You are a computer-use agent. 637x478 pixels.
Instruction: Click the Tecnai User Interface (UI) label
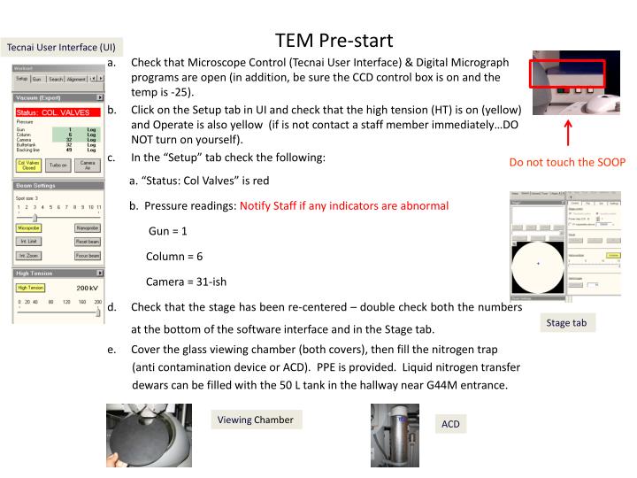(x=61, y=46)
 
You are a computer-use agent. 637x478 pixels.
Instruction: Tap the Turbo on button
(x=58, y=166)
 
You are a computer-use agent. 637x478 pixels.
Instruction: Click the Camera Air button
(x=88, y=166)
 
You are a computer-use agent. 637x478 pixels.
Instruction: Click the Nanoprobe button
(x=88, y=227)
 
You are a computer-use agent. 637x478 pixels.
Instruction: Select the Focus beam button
(x=88, y=255)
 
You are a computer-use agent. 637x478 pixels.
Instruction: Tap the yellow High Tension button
(x=30, y=288)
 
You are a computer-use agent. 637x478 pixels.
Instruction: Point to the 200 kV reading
(x=86, y=289)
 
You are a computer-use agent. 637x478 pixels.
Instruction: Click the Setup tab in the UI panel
(x=22, y=79)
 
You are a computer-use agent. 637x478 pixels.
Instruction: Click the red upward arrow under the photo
(x=567, y=133)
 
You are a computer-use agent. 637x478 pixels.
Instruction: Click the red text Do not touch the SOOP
(x=567, y=162)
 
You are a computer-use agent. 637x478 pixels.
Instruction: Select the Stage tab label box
(x=565, y=323)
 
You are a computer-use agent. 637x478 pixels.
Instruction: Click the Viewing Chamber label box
(x=255, y=420)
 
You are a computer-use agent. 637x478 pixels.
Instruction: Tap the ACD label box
(x=450, y=424)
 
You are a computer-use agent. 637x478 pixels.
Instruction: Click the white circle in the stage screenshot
(x=538, y=264)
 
